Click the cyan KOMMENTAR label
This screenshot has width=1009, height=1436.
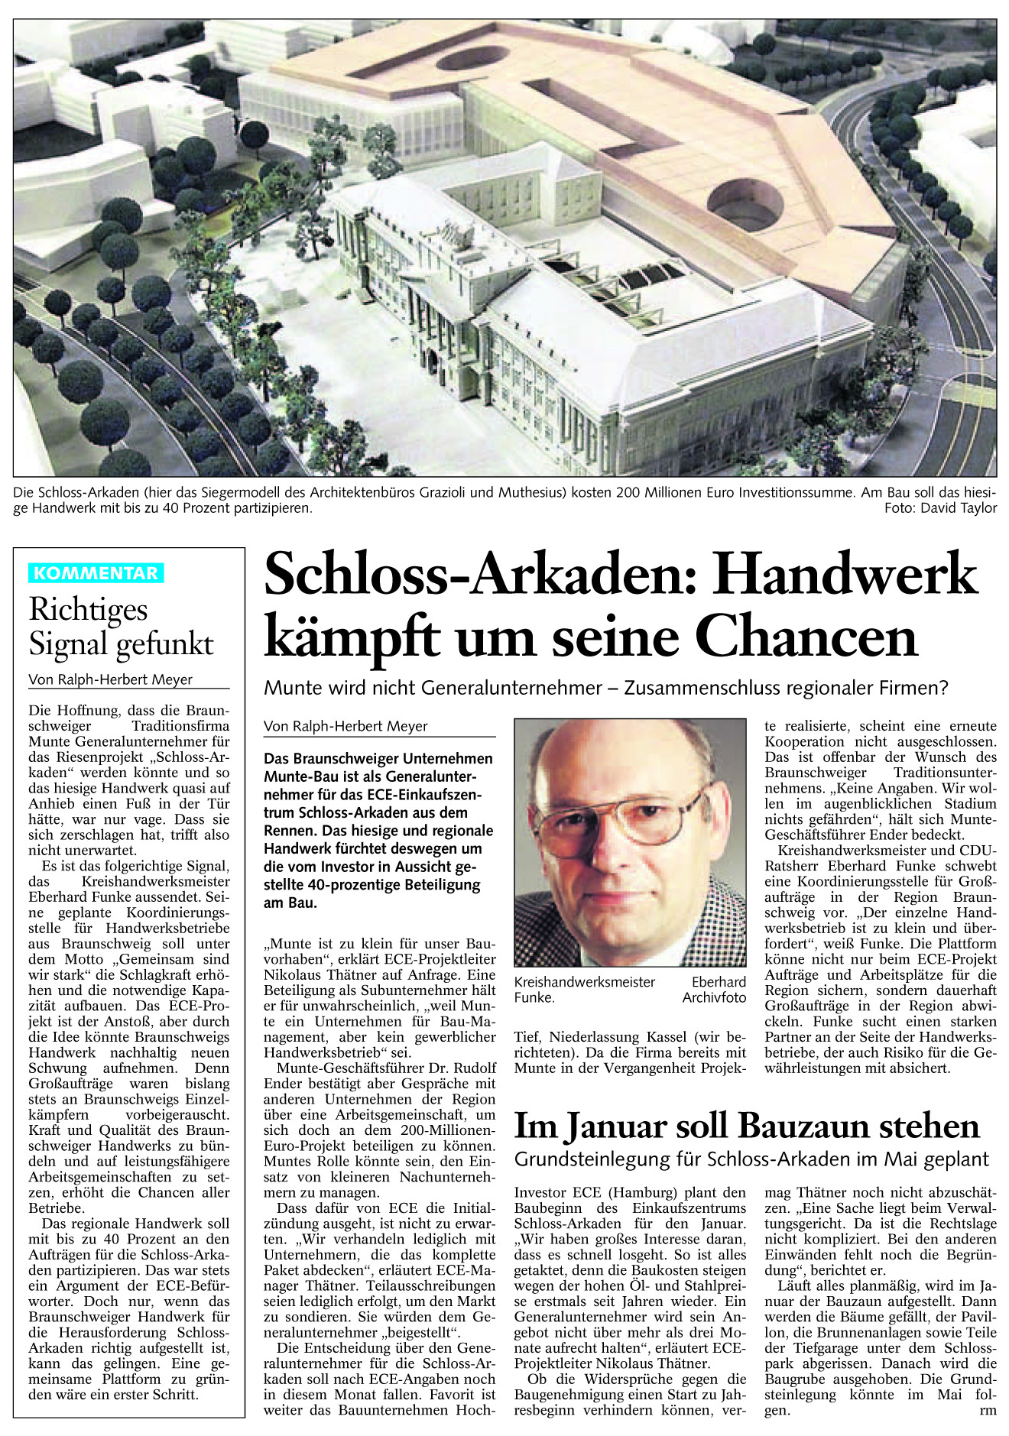click(96, 573)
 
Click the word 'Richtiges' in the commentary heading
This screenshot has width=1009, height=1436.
click(88, 610)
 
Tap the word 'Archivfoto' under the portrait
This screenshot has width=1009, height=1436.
click(714, 997)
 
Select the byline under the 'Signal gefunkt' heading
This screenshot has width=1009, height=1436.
click(110, 679)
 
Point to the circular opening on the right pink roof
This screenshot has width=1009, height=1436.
click(745, 204)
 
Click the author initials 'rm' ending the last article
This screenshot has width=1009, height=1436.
click(988, 1410)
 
